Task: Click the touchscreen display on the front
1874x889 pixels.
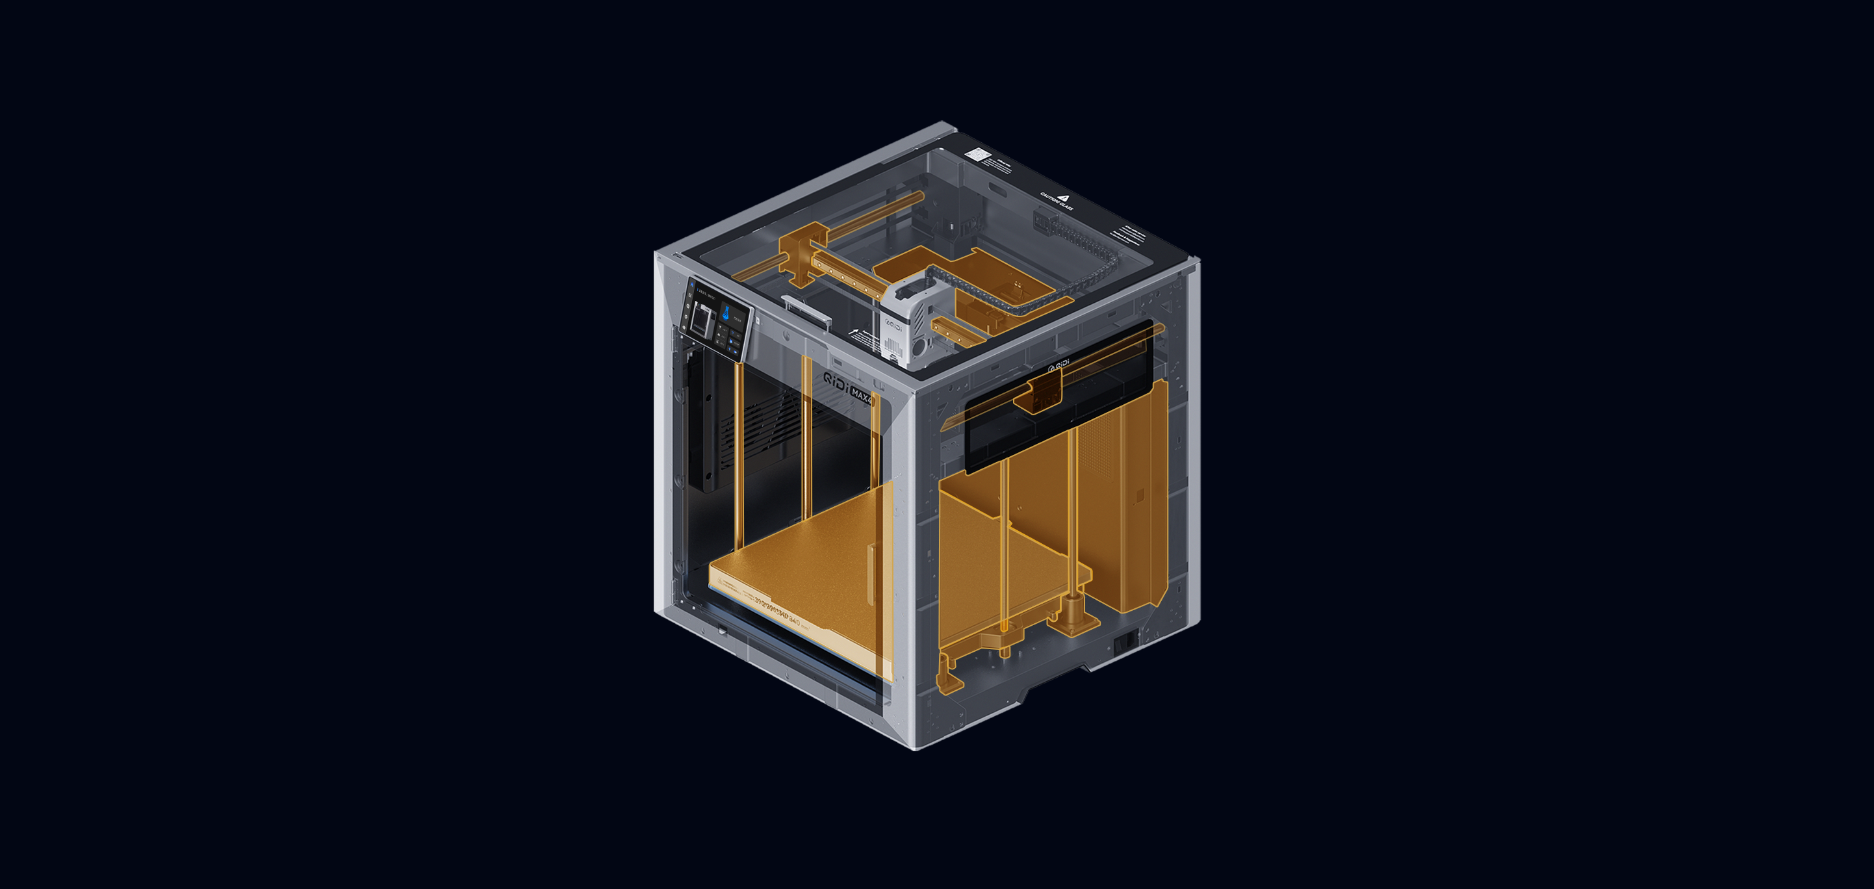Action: coord(716,318)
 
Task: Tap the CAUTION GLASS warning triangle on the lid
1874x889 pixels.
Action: coord(1064,197)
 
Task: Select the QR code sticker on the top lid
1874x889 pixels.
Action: coord(976,154)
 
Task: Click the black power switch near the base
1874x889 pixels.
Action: coord(1125,640)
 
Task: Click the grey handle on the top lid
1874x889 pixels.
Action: coord(806,311)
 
